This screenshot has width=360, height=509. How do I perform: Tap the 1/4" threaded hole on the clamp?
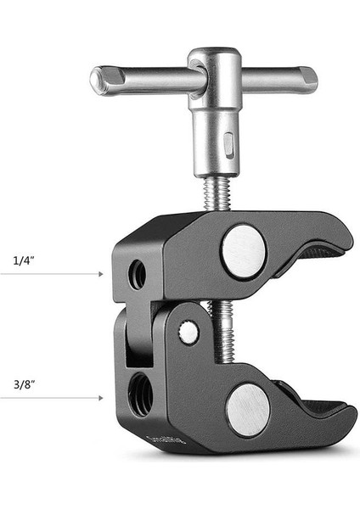[137, 275]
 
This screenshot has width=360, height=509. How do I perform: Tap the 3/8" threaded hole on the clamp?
[141, 394]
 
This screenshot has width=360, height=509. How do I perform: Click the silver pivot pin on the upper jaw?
[244, 251]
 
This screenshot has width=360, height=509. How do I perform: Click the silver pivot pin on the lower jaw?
[247, 408]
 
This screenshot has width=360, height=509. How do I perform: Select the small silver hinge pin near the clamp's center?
[189, 333]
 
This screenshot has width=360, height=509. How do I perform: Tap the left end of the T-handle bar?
[100, 80]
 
